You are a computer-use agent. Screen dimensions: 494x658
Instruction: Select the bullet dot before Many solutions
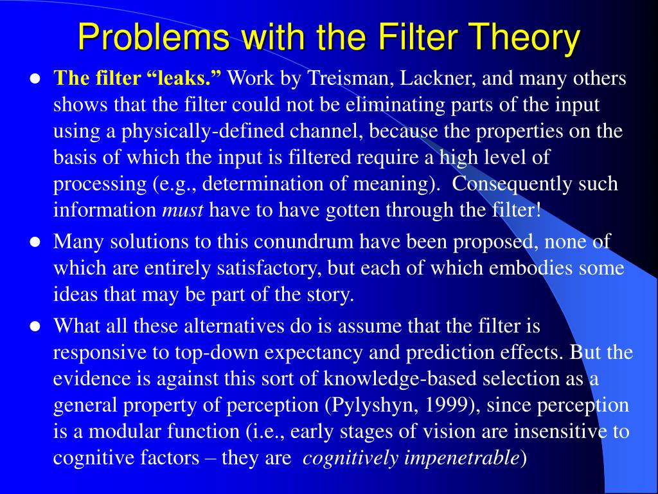(x=35, y=242)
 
